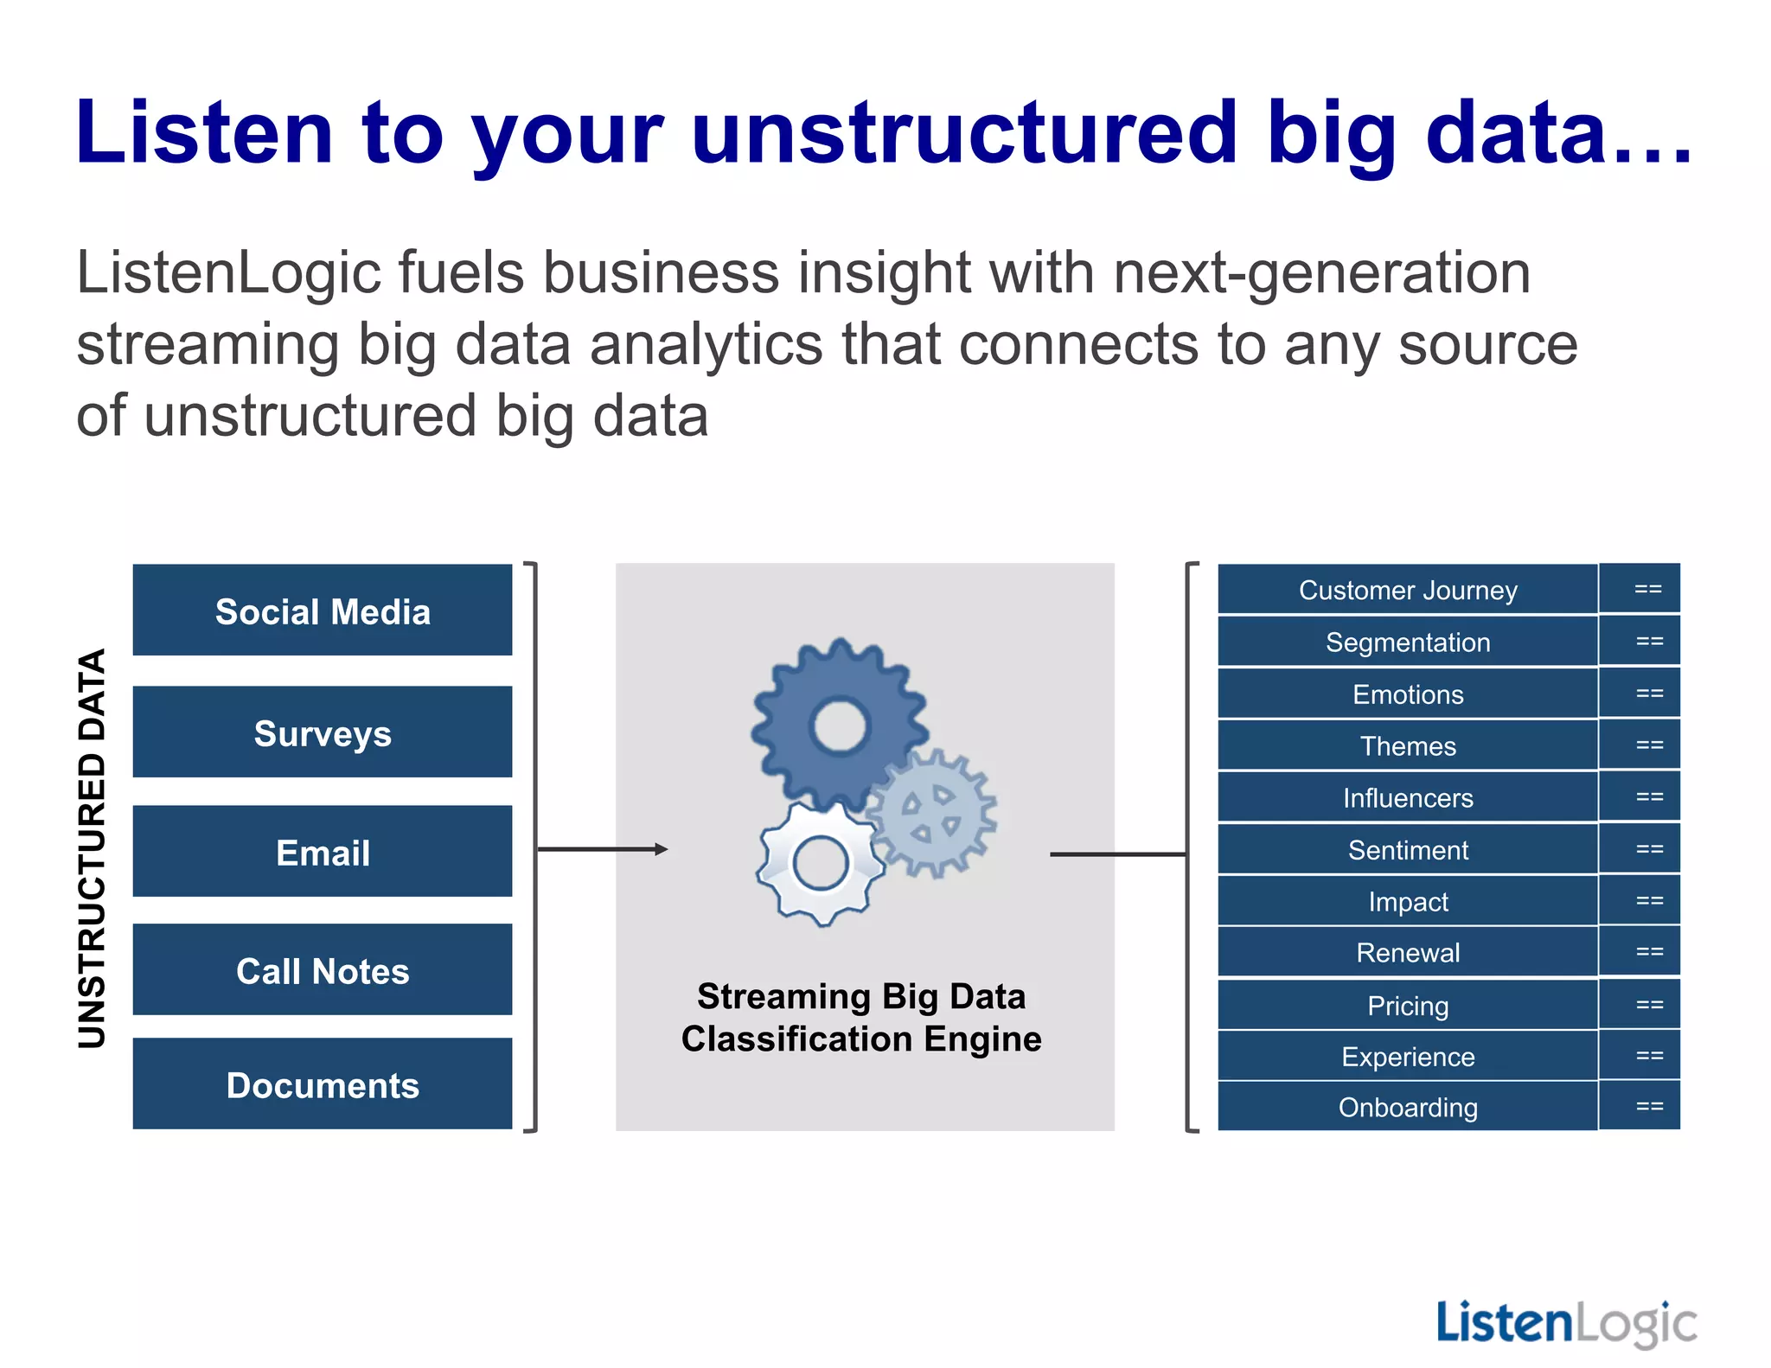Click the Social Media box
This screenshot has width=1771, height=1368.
[322, 611]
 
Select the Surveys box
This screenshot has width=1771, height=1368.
[322, 732]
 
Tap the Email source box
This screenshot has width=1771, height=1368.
[322, 852]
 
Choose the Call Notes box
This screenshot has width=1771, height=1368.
[322, 970]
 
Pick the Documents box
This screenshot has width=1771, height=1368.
[322, 1084]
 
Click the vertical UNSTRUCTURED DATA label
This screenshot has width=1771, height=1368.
[92, 847]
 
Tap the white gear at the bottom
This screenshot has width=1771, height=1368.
[820, 863]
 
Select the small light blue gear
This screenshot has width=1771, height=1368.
[932, 813]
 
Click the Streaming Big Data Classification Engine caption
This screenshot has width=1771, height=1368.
[861, 1017]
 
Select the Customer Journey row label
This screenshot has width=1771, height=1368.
[1407, 590]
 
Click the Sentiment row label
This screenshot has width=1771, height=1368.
[1407, 850]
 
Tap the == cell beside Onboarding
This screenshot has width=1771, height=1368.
[1648, 1106]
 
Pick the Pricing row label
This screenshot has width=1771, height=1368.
[1407, 1006]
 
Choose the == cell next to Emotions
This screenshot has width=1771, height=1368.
[1648, 694]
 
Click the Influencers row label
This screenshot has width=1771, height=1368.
[1407, 798]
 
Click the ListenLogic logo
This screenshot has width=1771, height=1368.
[1566, 1323]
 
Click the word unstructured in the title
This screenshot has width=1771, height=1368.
[964, 134]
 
